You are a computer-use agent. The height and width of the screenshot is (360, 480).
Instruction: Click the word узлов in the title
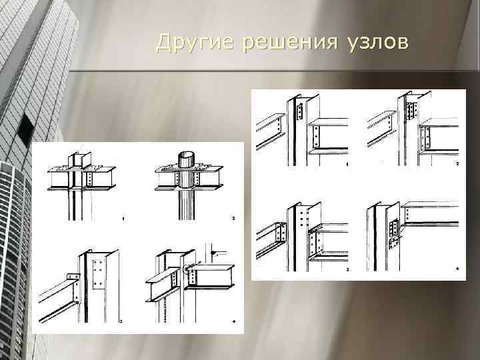[x=375, y=42]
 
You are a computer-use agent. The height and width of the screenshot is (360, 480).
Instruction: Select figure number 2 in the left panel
[x=233, y=218]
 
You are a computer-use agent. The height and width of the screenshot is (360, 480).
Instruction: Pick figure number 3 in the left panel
[x=120, y=321]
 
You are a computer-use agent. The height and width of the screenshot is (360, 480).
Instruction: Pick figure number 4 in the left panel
[x=233, y=321]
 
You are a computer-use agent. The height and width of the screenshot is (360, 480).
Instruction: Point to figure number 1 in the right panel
[x=346, y=163]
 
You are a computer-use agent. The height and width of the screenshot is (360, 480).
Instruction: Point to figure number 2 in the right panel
[x=457, y=163]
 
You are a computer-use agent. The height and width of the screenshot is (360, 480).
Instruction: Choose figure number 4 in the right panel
[x=457, y=269]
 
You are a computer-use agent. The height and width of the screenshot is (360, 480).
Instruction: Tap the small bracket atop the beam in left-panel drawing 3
[x=73, y=277]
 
